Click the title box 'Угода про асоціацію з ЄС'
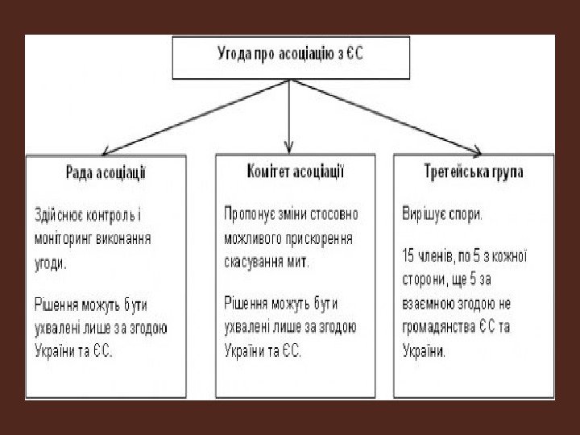coord(291,56)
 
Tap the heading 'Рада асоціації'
coord(106,172)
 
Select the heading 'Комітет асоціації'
coord(295,171)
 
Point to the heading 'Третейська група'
coord(474,172)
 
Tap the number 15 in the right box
coord(408,256)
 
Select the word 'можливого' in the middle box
coord(252,238)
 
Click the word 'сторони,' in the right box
coord(425,280)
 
